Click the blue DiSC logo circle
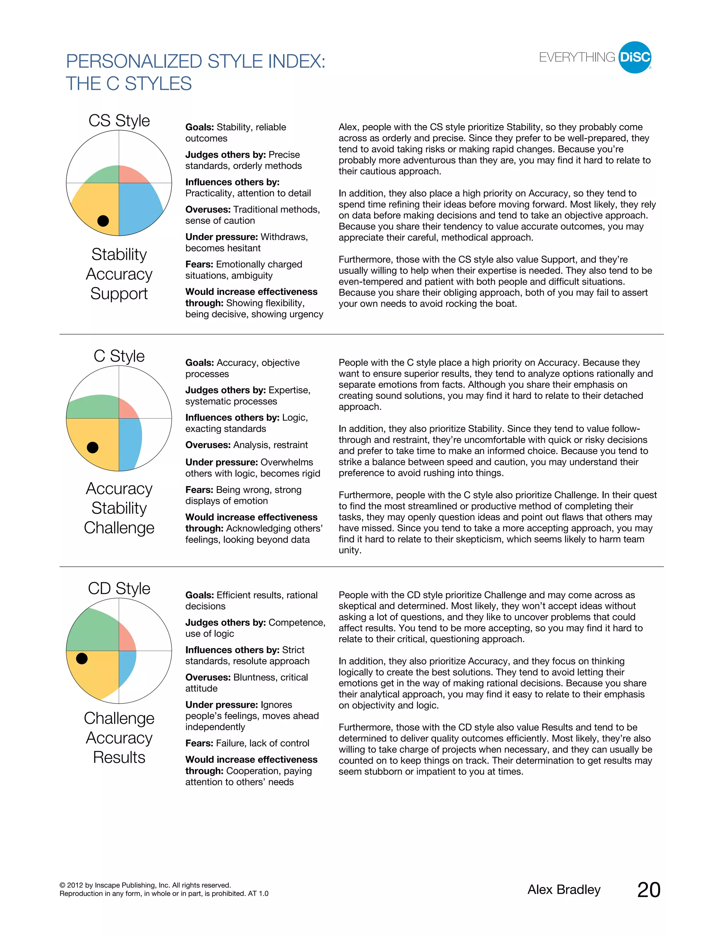point(635,58)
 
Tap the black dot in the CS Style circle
point(103,221)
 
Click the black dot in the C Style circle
point(93,448)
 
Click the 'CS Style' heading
point(119,121)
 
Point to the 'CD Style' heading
point(119,588)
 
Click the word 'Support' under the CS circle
point(119,294)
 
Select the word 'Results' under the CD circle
point(119,757)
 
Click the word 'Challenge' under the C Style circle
point(119,528)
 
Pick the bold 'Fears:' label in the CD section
point(199,744)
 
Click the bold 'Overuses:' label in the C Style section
point(208,445)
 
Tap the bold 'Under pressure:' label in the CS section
point(221,237)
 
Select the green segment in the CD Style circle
point(94,631)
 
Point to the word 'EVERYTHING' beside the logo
point(577,58)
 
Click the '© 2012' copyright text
point(75,885)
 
